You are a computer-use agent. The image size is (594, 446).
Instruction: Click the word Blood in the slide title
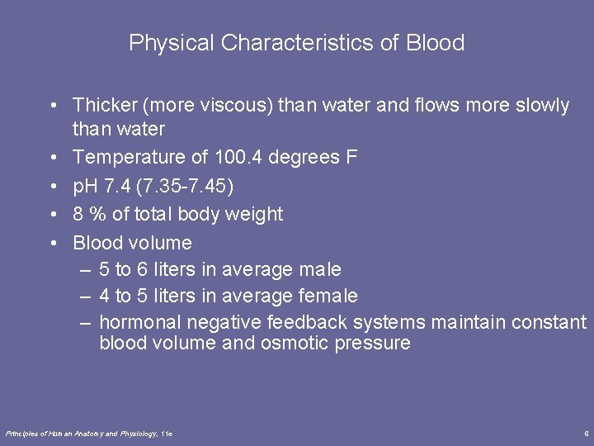436,43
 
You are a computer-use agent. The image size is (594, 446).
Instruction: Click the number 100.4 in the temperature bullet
242,157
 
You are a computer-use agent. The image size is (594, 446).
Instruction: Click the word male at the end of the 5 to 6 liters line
321,269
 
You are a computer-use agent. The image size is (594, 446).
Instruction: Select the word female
329,296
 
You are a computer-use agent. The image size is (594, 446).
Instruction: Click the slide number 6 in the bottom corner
585,433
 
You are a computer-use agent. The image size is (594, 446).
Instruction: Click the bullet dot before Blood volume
52,243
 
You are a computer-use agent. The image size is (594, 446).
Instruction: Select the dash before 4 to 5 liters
85,296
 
